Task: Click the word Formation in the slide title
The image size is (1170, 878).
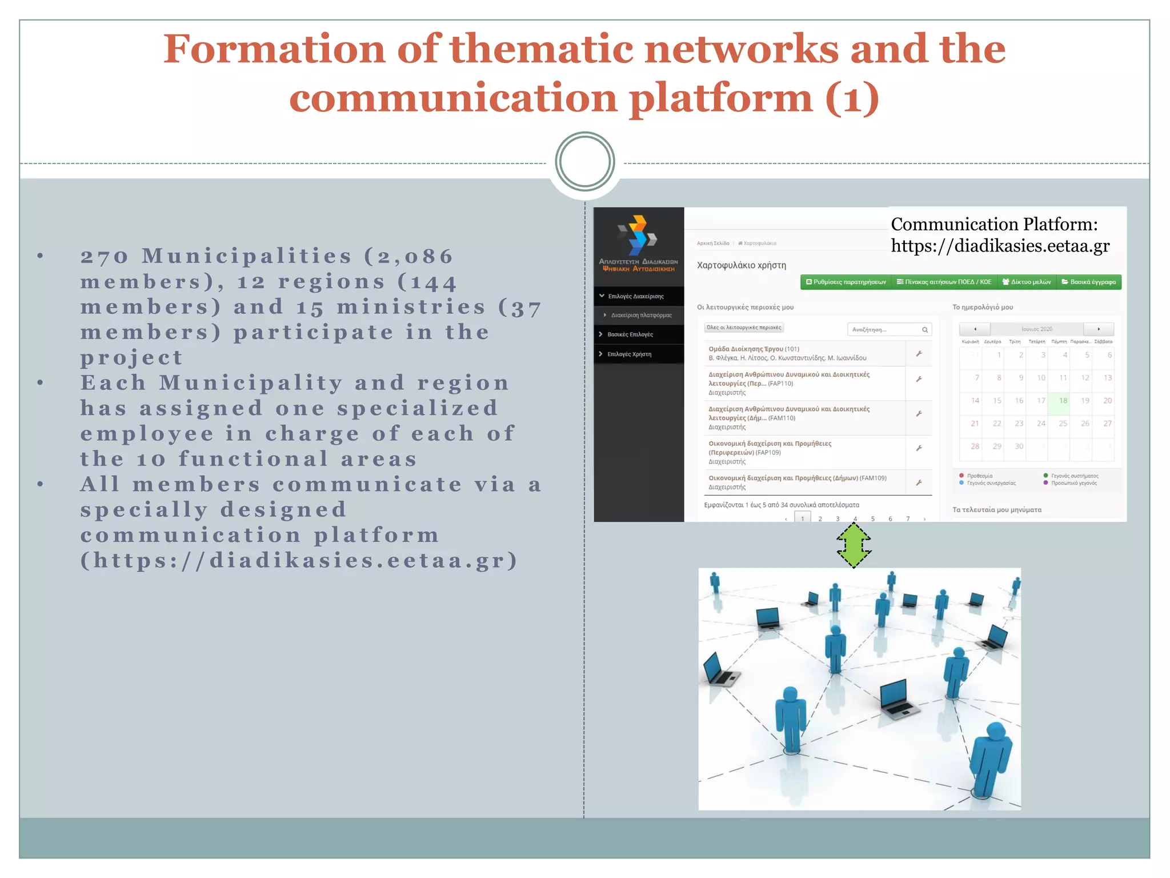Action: (274, 49)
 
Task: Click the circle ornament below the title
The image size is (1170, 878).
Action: (584, 162)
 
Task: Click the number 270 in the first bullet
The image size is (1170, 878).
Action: (105, 256)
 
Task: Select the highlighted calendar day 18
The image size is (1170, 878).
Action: (1063, 401)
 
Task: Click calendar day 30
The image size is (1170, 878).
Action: (1019, 446)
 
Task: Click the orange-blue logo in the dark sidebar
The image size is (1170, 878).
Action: (638, 235)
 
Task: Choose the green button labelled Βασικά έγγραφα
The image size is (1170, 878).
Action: (1088, 282)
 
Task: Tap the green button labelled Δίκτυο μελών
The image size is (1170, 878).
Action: (1027, 282)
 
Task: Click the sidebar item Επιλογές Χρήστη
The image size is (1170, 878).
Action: (629, 354)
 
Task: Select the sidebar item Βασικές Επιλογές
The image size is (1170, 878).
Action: (630, 334)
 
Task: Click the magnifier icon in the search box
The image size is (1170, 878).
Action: (924, 330)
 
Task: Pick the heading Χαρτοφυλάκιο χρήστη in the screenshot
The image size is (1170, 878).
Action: (742, 265)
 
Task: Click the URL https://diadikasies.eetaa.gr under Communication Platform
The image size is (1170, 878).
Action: (1000, 246)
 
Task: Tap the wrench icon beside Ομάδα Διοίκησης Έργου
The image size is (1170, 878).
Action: (919, 354)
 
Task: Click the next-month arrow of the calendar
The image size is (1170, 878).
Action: (1098, 329)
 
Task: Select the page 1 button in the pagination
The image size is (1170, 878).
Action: (803, 518)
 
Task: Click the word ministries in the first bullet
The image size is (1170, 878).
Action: (411, 307)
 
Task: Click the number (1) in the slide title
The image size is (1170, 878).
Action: (852, 98)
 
